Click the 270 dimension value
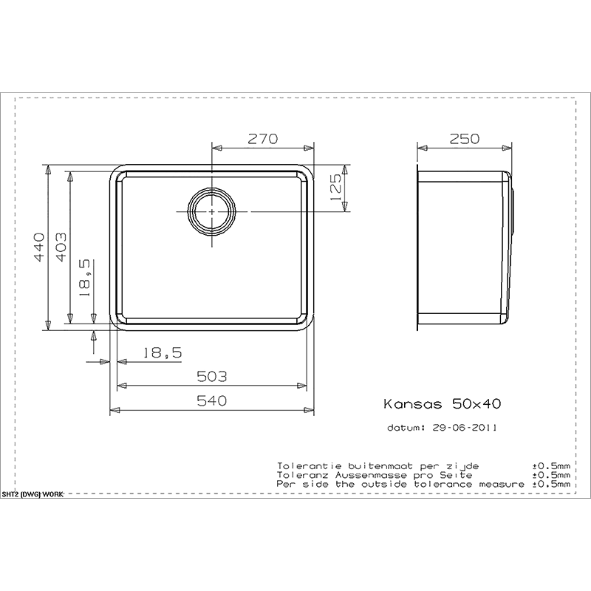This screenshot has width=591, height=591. pyautogui.click(x=262, y=138)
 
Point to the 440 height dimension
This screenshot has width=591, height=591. pyautogui.click(x=39, y=245)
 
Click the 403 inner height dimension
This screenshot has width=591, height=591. pyautogui.click(x=62, y=245)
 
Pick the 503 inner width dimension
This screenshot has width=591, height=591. pyautogui.click(x=213, y=376)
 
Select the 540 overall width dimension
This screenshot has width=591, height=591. pyautogui.click(x=213, y=400)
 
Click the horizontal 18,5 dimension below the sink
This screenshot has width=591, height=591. pyautogui.click(x=162, y=354)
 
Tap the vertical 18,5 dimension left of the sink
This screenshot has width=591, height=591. pyautogui.click(x=85, y=277)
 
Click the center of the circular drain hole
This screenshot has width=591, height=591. pyautogui.click(x=213, y=211)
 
